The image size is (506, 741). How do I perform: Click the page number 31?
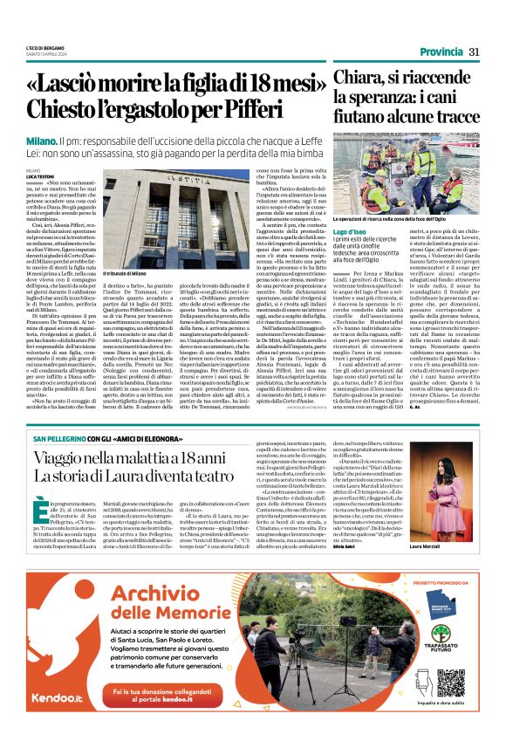[475, 51]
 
